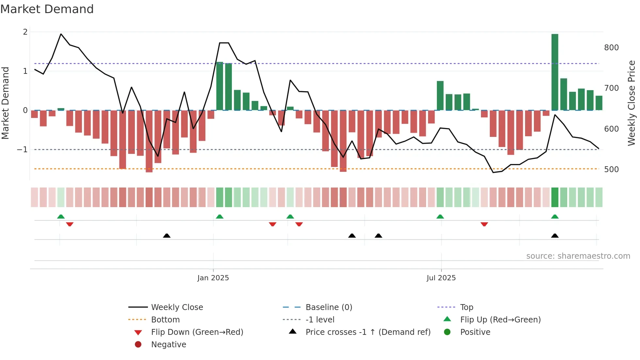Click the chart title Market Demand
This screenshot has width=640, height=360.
click(x=47, y=9)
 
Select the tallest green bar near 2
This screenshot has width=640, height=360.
click(x=554, y=72)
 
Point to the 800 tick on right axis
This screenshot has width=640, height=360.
click(x=611, y=48)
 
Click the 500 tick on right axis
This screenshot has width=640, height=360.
click(x=611, y=170)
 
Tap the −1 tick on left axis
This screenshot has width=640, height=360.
click(x=23, y=150)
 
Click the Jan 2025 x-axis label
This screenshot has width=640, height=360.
click(x=213, y=278)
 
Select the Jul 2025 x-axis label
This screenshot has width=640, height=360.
click(x=441, y=278)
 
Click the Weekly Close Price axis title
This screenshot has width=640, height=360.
click(x=632, y=103)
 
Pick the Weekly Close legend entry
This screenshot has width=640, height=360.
click(x=177, y=307)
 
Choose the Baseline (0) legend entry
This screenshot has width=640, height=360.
click(x=328, y=307)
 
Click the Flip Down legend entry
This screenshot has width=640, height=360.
click(x=197, y=332)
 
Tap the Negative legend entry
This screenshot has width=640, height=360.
click(x=168, y=345)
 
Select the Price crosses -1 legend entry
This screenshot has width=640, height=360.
click(x=368, y=332)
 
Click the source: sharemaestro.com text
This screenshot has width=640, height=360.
click(x=578, y=256)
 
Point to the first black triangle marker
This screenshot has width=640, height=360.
click(x=167, y=236)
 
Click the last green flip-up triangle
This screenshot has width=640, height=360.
click(x=554, y=217)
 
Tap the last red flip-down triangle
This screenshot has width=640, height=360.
click(x=484, y=224)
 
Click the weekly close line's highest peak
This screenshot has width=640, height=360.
click(x=61, y=34)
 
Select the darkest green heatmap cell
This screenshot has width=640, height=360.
click(x=554, y=197)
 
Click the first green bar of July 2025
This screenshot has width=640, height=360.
click(x=440, y=95)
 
